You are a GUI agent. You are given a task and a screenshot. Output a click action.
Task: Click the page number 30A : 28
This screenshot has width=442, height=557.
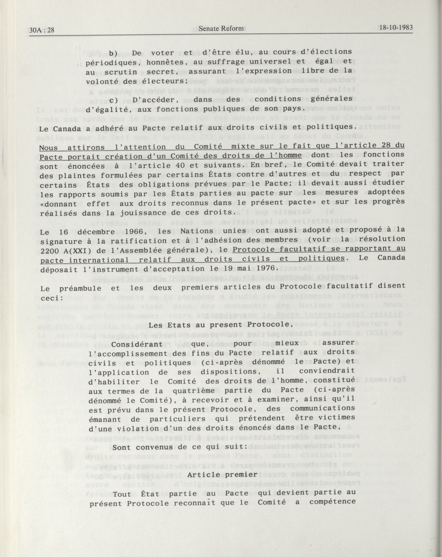click(42, 30)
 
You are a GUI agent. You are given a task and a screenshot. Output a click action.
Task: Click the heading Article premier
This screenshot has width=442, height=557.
click(222, 475)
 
